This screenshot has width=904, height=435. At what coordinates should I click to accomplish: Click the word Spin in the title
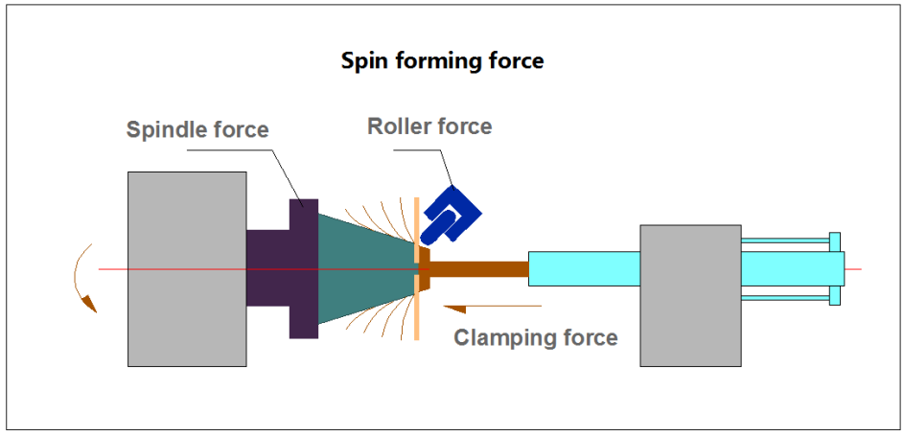click(x=362, y=61)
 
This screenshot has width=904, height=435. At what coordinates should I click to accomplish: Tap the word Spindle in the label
click(x=162, y=129)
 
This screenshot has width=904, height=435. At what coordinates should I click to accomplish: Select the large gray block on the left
click(x=187, y=268)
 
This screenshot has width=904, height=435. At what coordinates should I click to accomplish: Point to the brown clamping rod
click(x=479, y=268)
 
